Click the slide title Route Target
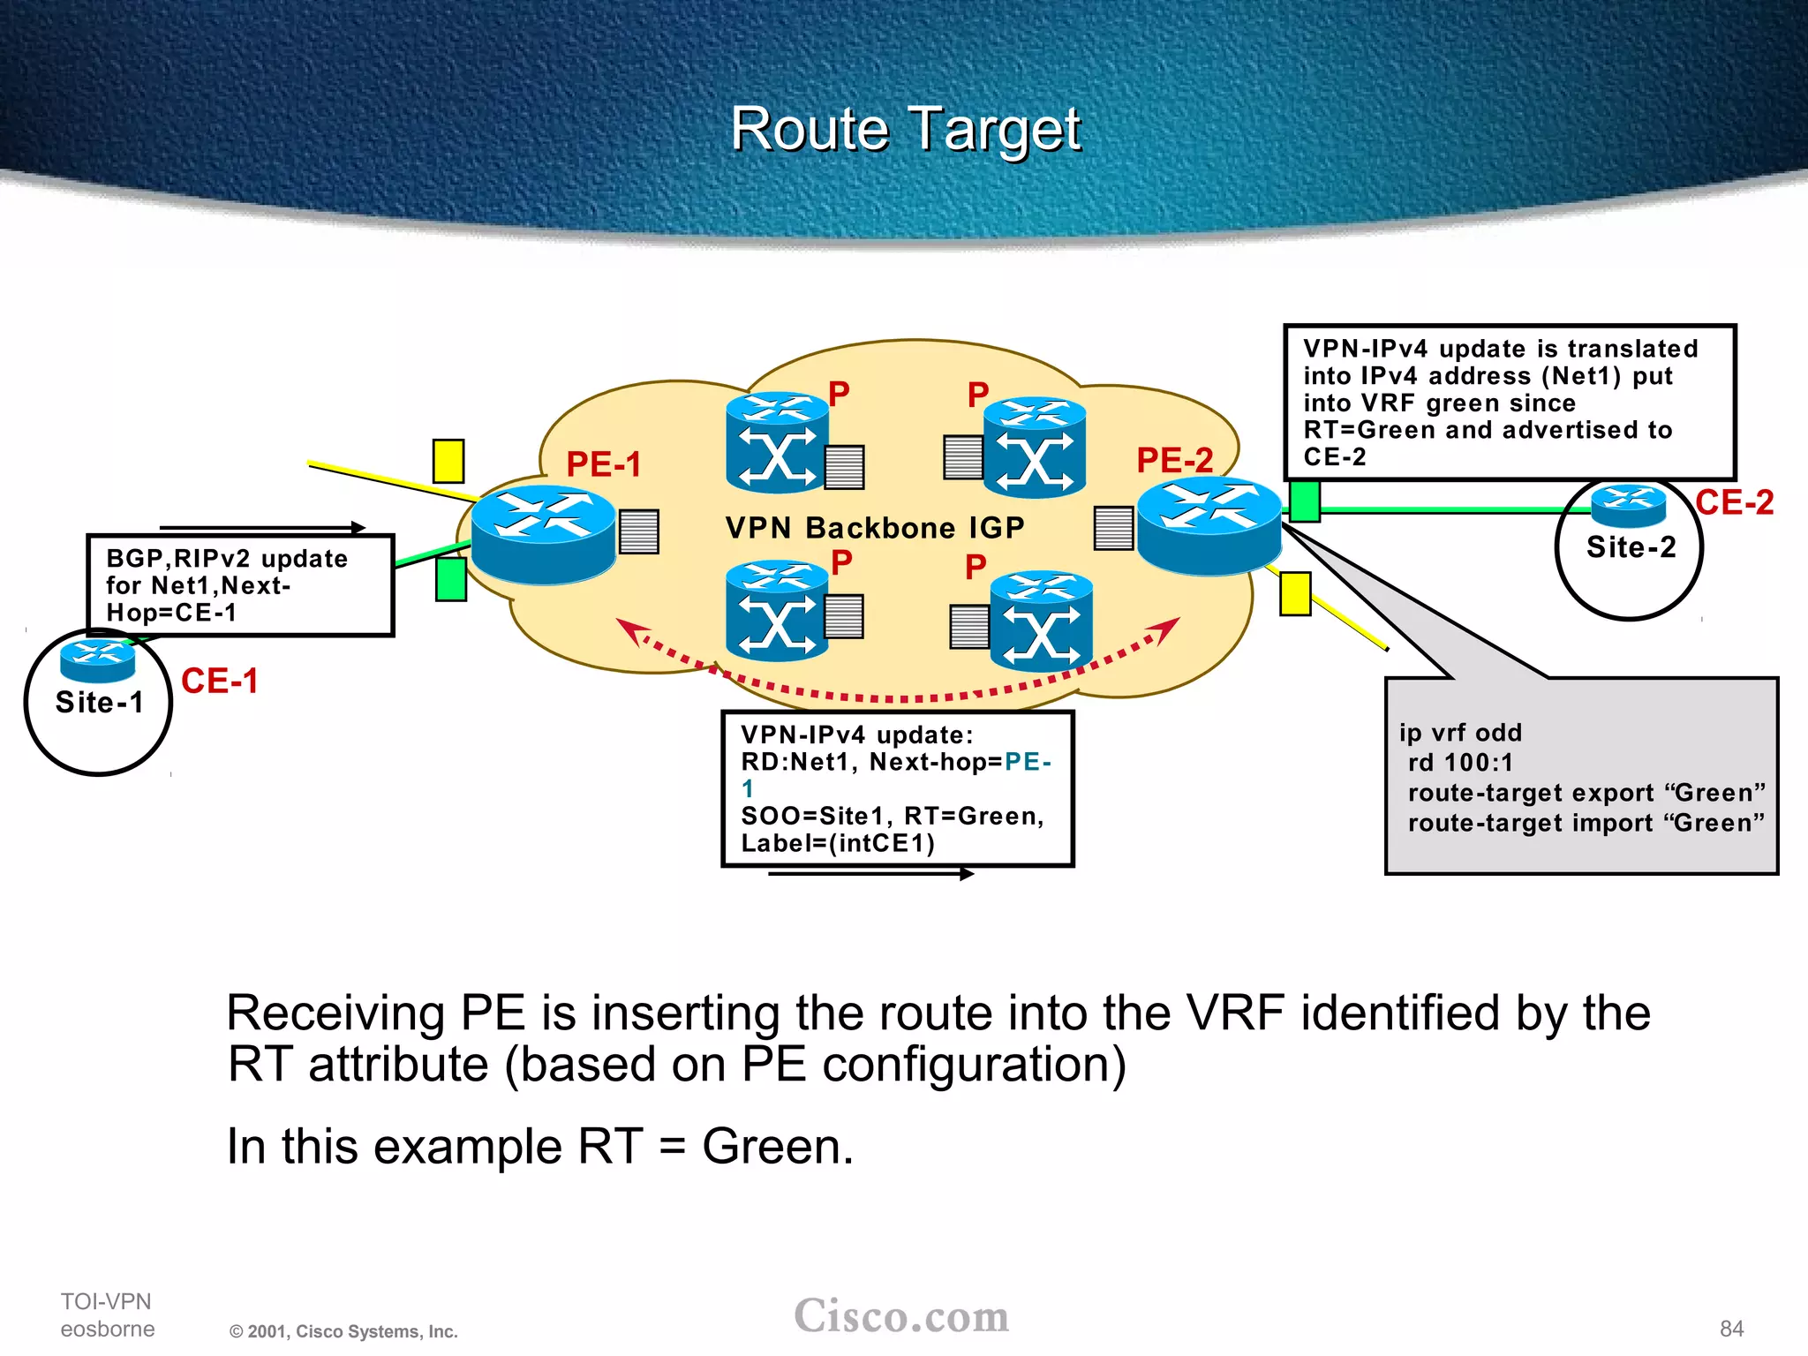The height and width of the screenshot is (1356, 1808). (x=905, y=129)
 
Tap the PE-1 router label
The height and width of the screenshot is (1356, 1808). (x=604, y=464)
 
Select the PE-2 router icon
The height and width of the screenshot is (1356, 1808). (x=1209, y=526)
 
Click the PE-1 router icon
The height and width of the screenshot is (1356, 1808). (x=543, y=534)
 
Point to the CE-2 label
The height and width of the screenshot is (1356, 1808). (x=1734, y=502)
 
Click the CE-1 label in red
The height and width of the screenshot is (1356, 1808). (x=219, y=681)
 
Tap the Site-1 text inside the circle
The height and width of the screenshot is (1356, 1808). (x=99, y=703)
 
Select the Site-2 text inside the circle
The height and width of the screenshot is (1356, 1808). (x=1631, y=547)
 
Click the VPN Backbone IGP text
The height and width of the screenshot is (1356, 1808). (x=874, y=528)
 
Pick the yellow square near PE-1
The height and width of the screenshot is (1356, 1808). (x=448, y=461)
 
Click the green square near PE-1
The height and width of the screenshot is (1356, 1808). (x=451, y=579)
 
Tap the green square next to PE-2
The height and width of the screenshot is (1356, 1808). (x=1305, y=501)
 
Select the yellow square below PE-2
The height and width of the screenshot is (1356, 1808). (x=1295, y=593)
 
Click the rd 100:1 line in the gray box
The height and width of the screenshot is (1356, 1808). (x=1460, y=763)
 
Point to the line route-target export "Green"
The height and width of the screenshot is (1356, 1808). (x=1586, y=793)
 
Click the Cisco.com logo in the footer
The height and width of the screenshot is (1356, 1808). (x=901, y=1316)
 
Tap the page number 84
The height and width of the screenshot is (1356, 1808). (x=1731, y=1329)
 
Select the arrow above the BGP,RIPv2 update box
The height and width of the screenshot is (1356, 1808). (x=262, y=528)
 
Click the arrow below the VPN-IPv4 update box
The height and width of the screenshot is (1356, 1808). (x=870, y=874)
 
